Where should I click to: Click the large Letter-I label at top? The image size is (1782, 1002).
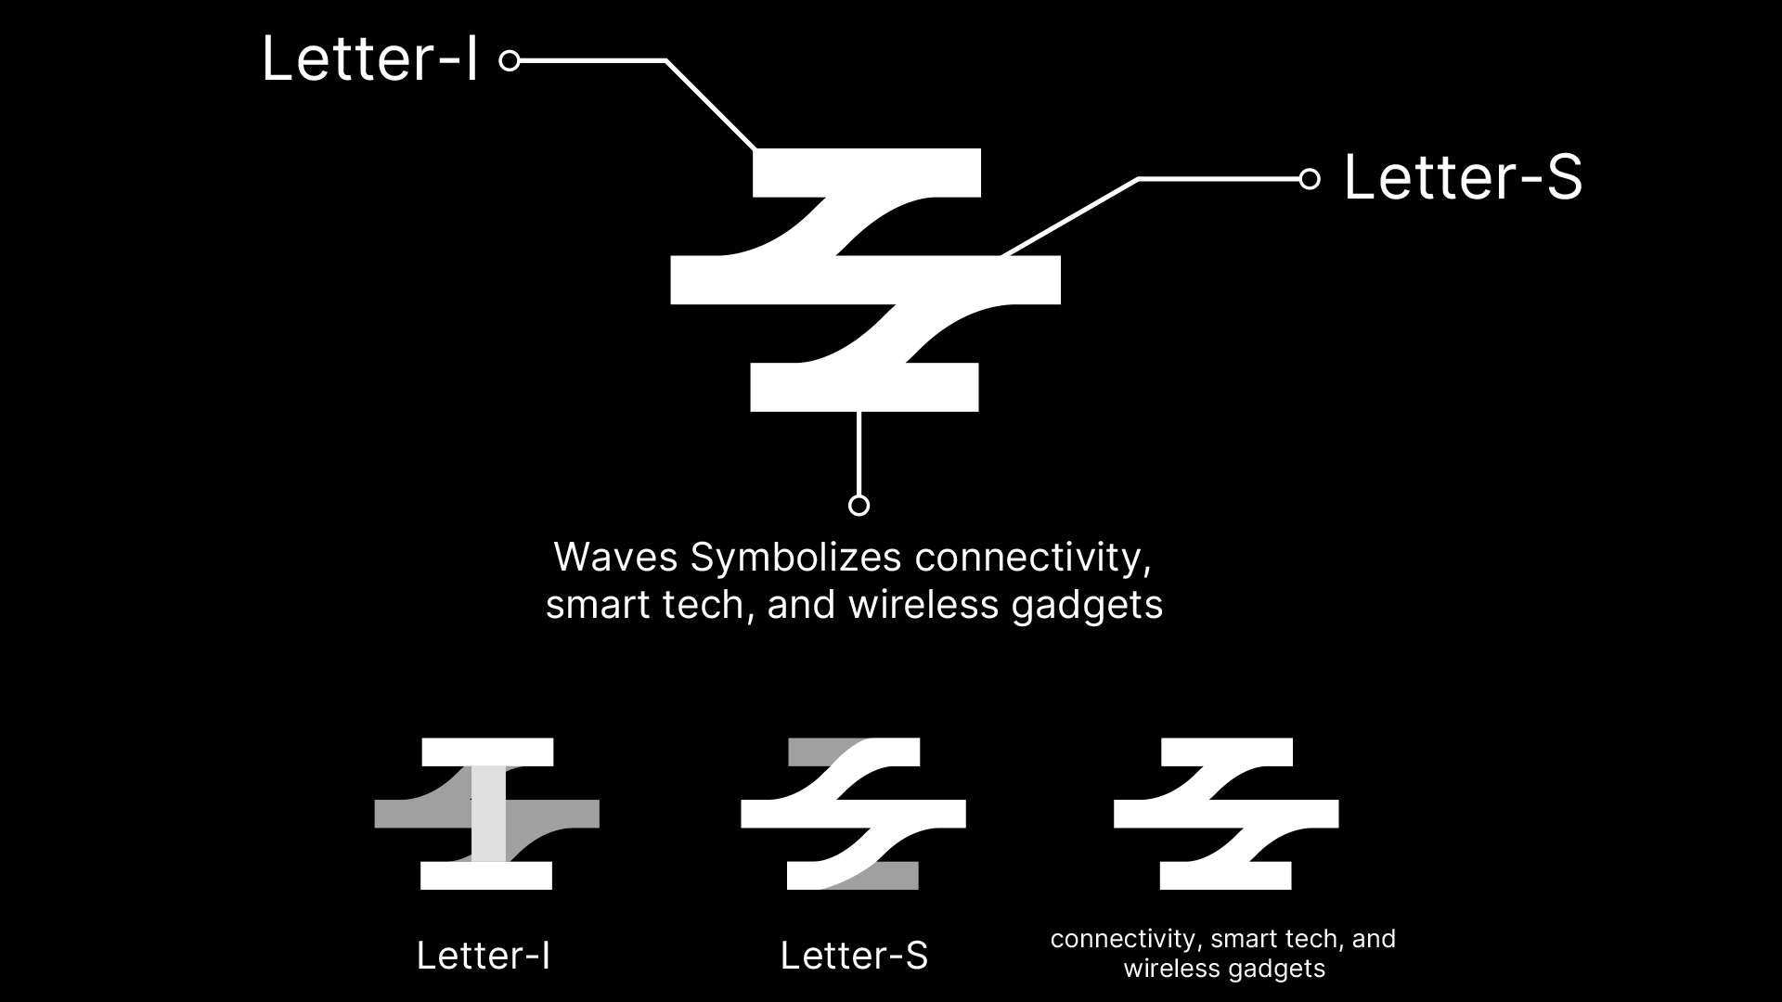click(369, 59)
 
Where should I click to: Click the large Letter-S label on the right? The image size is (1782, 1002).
click(1462, 177)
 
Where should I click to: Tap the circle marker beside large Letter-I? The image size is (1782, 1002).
click(509, 61)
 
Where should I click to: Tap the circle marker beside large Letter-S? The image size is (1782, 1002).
click(1309, 179)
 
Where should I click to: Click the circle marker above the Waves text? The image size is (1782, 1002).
click(859, 505)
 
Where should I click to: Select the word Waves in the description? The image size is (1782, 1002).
click(615, 558)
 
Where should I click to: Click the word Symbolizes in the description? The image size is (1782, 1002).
click(795, 558)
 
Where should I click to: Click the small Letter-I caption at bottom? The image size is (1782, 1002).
click(483, 956)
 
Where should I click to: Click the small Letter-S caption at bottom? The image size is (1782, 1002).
click(854, 956)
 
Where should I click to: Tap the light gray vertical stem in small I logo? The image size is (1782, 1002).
click(488, 815)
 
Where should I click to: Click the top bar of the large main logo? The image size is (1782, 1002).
click(866, 173)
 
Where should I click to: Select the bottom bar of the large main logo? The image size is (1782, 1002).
click(864, 388)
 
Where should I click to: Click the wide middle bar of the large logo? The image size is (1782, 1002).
click(865, 279)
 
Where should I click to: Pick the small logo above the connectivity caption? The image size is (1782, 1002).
click(1225, 814)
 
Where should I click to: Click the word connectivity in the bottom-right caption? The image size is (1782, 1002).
click(1122, 939)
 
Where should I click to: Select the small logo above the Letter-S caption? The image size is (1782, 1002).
click(853, 814)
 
